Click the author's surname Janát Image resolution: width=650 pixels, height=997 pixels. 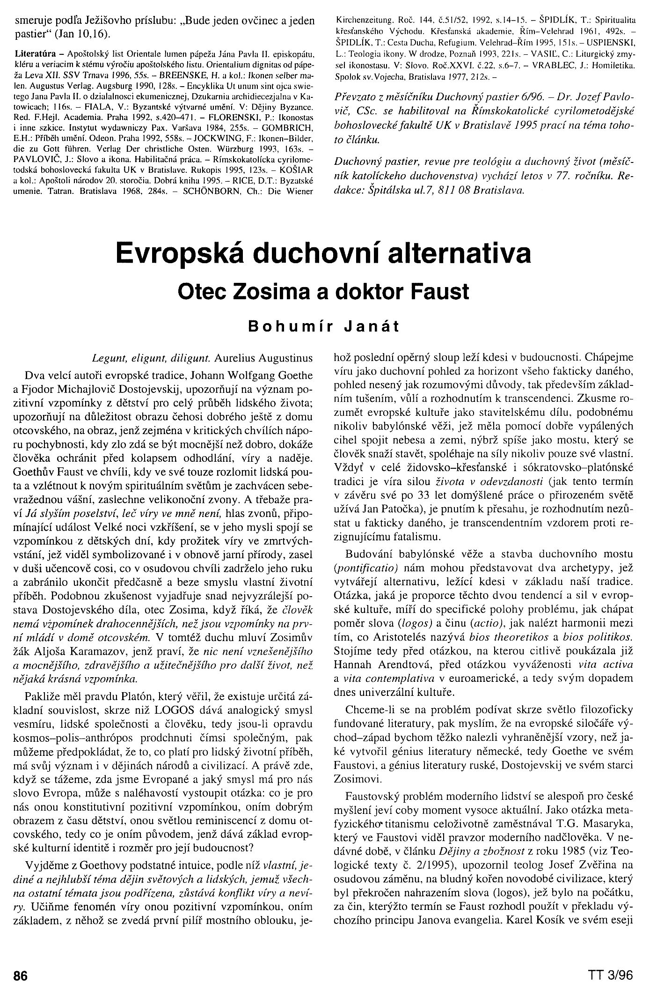coord(372,326)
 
